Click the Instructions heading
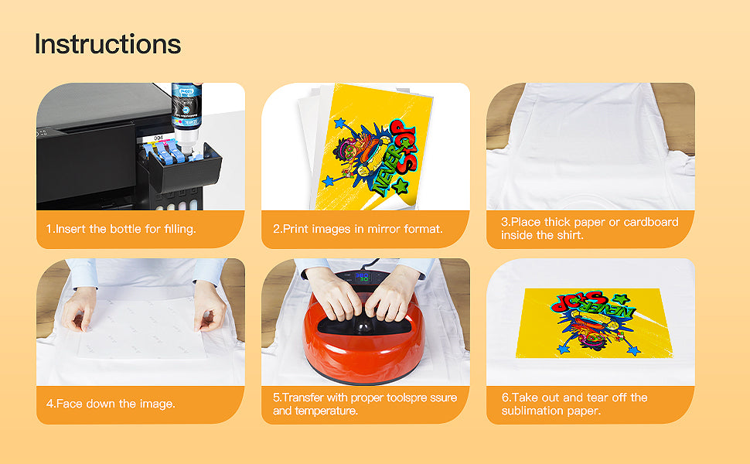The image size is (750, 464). tap(107, 44)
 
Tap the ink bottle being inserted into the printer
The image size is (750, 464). tap(186, 114)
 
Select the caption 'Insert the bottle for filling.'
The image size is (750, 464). tap(121, 229)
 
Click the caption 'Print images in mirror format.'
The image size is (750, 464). tap(358, 229)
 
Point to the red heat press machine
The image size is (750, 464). tap(364, 330)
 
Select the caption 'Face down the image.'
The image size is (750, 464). tap(111, 404)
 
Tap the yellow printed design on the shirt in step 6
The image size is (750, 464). tap(593, 323)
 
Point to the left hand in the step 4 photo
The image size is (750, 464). tap(79, 308)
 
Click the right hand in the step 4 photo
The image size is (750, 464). tap(210, 306)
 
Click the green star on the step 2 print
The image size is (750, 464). tap(400, 186)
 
